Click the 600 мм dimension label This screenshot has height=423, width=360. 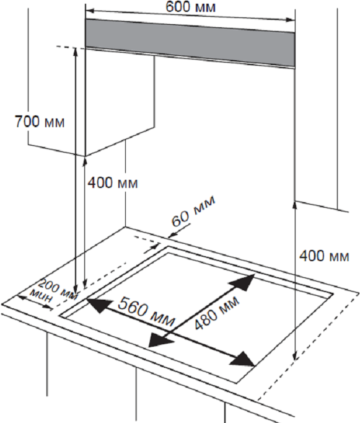[x=190, y=7]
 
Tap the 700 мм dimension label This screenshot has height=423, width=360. [x=40, y=122]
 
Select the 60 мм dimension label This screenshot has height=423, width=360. [x=194, y=211]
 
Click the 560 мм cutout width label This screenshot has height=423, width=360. [x=147, y=311]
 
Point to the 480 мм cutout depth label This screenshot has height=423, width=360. [x=217, y=313]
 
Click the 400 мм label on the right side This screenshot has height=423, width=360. [x=324, y=256]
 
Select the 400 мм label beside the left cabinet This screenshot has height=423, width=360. [x=113, y=182]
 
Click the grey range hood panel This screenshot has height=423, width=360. [x=190, y=43]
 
